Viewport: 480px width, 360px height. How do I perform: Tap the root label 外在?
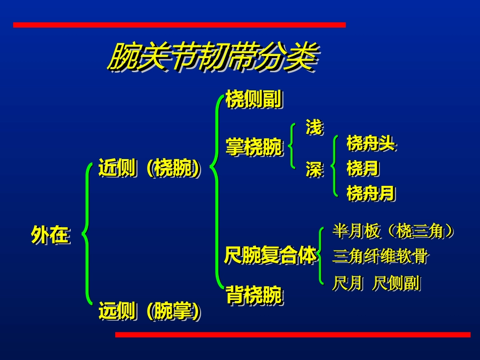(50, 235)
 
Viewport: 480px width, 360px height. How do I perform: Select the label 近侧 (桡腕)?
(149, 168)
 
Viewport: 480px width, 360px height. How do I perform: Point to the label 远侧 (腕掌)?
(149, 311)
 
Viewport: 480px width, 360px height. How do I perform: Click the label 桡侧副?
(253, 99)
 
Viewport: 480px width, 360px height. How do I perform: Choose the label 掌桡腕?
(253, 148)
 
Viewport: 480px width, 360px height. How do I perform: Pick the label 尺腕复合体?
(270, 255)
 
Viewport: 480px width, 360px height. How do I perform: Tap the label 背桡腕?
(253, 295)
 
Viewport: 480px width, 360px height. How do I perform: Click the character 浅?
(314, 127)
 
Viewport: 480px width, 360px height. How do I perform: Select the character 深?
(314, 170)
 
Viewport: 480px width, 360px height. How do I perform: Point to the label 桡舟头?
(370, 144)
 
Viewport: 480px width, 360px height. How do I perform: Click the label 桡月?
(362, 168)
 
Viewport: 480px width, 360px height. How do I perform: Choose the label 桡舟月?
(370, 193)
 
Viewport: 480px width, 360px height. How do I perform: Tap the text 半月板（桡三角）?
(393, 231)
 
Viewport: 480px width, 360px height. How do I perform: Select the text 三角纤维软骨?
(380, 256)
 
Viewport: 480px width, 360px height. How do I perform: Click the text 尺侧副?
(397, 283)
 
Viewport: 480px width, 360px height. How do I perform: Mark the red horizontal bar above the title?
(179, 25)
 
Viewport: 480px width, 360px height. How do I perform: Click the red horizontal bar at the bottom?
(293, 334)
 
